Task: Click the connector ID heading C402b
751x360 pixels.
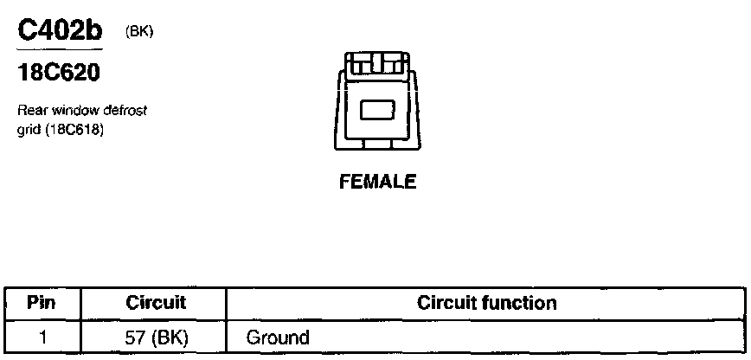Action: (60, 32)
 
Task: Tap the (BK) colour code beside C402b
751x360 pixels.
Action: (138, 32)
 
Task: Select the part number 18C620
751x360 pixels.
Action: (59, 74)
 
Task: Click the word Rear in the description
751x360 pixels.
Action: (32, 112)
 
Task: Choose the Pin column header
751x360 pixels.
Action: (42, 303)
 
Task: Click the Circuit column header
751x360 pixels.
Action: (156, 303)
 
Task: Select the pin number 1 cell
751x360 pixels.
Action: (42, 337)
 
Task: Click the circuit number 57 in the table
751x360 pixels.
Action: (134, 337)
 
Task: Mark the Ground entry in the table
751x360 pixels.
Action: (278, 337)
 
